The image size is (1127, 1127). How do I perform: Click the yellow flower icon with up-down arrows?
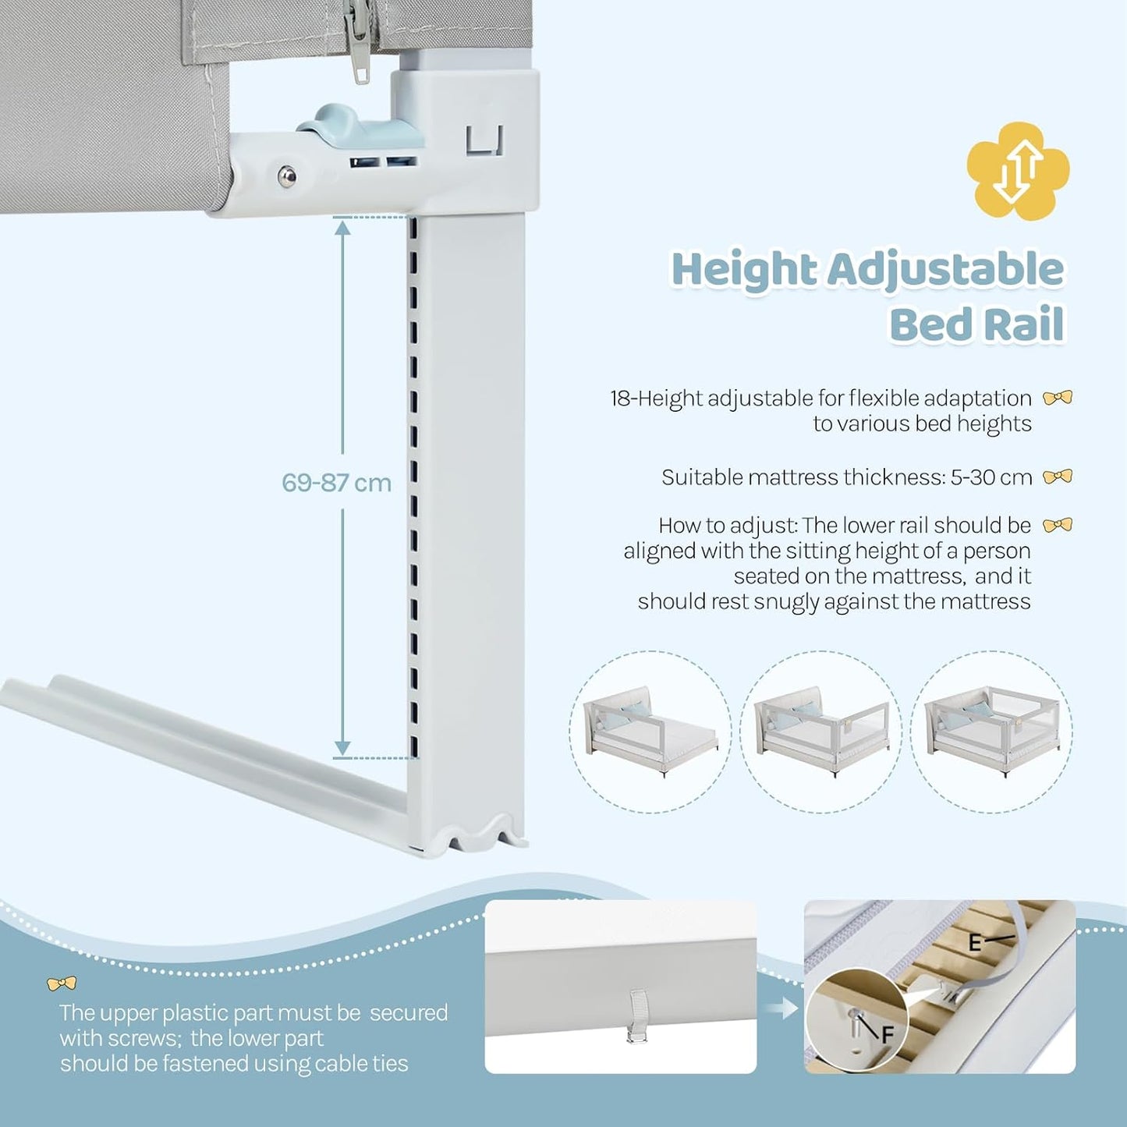pos(1018,171)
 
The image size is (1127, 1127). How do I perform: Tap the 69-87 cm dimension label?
pos(336,483)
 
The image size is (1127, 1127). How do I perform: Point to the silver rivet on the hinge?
pos(286,176)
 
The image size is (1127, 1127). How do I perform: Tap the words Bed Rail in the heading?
pos(976,324)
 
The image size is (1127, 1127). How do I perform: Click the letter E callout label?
pos(974,944)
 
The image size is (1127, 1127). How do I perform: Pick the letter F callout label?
pos(888,1035)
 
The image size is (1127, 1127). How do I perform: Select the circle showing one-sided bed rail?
pos(650,732)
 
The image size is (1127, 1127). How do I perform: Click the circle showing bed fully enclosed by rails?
pos(991,732)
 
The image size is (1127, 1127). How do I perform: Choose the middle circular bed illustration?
pos(821,732)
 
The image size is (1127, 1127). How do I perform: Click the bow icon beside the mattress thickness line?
pos(1058,477)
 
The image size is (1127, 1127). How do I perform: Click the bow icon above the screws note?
pos(62,983)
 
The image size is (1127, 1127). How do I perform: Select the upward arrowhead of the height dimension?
pos(342,227)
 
